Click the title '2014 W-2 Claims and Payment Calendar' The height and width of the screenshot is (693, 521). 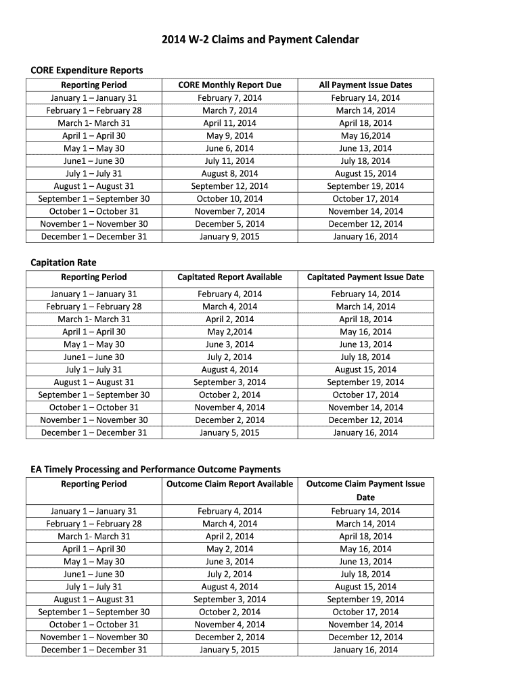coord(260,40)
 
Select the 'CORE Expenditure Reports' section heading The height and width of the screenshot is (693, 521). coord(87,70)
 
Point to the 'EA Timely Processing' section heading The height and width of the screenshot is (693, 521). coord(156,469)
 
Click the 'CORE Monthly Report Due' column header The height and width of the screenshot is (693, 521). coord(229,85)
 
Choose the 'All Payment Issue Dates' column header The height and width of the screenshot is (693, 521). coord(365,85)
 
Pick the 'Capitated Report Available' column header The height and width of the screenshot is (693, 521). coord(229,277)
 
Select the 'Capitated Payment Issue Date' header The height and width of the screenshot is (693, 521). coord(365,277)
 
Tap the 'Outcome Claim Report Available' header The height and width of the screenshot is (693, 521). coord(229,484)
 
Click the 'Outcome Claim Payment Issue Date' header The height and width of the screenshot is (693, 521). coord(365,490)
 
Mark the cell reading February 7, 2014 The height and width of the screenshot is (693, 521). coord(229,97)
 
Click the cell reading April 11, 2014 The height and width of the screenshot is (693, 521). coord(229,123)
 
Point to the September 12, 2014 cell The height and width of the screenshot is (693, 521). coord(229,186)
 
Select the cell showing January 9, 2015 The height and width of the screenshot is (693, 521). coord(229,236)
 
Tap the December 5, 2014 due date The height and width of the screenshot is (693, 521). coord(229,224)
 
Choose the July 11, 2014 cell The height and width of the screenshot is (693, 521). coord(229,161)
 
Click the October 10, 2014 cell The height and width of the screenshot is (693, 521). coord(229,199)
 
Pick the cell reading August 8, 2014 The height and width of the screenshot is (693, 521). coord(229,173)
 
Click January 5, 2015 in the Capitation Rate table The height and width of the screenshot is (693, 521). coord(229,432)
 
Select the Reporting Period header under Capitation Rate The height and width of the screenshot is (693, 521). coord(94,277)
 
